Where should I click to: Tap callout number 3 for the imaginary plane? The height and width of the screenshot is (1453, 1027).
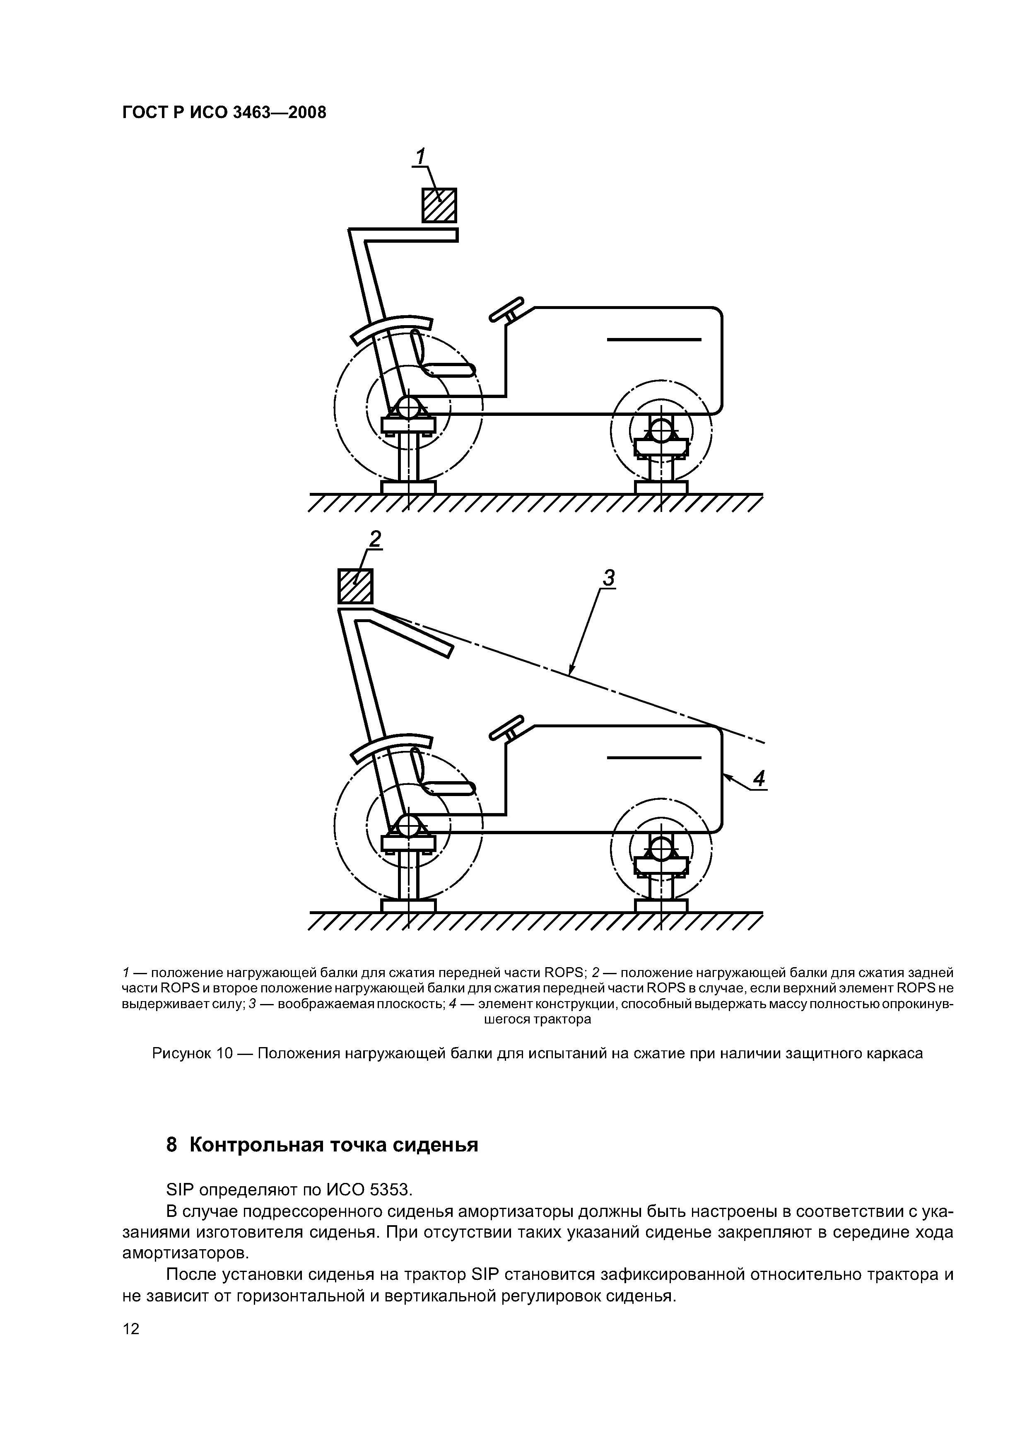[608, 578]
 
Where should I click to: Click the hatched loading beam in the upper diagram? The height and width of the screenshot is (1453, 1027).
[439, 205]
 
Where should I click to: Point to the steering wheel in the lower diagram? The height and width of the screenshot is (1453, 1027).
[506, 727]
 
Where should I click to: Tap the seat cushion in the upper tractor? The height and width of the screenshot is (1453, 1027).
[448, 369]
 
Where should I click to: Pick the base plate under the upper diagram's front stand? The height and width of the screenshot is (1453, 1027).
[661, 487]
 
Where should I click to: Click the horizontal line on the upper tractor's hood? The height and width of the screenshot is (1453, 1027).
[653, 340]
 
